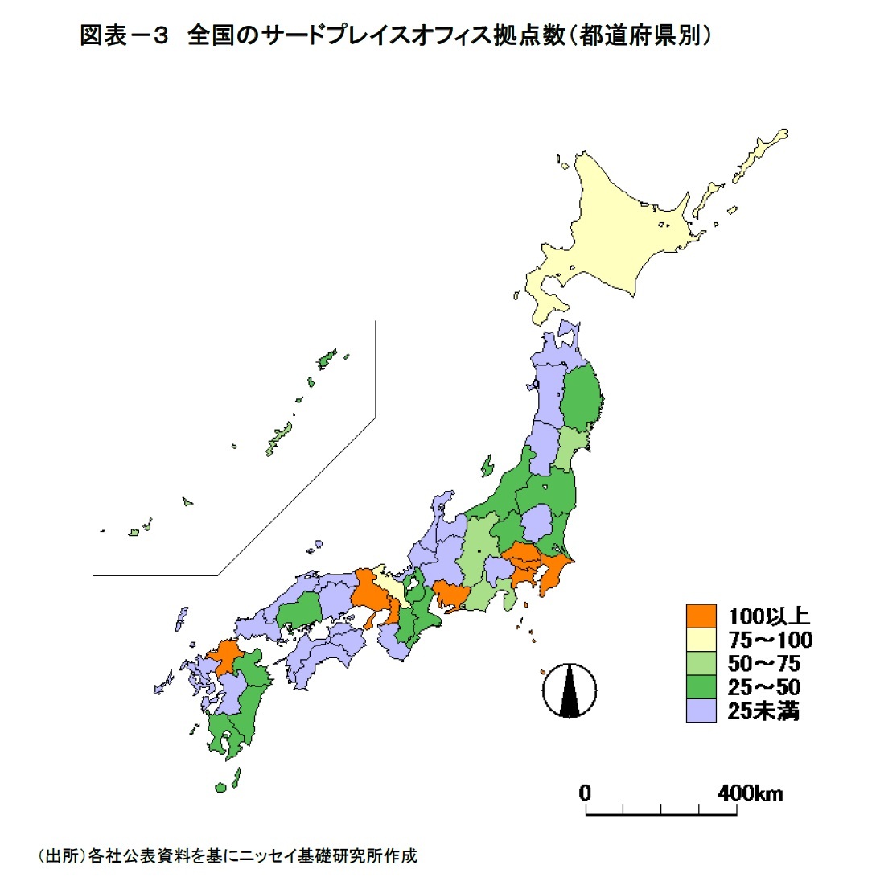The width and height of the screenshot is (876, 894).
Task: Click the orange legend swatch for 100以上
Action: click(701, 616)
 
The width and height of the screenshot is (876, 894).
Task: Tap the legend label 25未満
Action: click(763, 711)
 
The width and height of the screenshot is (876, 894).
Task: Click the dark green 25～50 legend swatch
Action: click(701, 687)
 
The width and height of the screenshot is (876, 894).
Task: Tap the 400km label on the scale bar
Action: click(749, 793)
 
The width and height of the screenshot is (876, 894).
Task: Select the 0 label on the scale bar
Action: click(586, 793)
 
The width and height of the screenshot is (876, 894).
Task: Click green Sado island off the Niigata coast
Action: click(487, 466)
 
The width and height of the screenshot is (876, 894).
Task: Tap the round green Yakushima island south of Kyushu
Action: click(220, 786)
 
